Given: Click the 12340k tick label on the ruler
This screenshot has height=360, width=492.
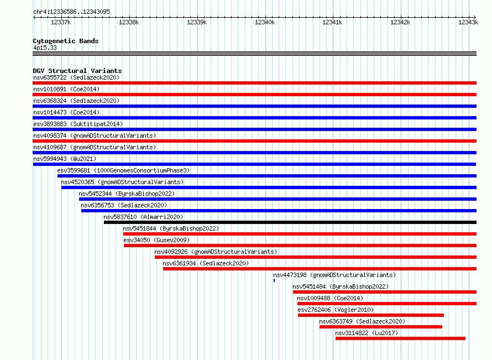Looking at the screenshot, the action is tap(264, 22).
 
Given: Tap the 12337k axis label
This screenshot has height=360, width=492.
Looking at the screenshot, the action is tap(61, 22).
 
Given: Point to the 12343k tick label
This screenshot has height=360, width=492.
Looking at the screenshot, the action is tap(468, 22).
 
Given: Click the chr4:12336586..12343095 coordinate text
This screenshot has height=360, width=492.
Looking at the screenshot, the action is tap(71, 12).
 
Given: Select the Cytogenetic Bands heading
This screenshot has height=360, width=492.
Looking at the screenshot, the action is tap(66, 41).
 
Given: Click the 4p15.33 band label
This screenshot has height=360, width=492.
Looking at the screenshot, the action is tap(45, 48).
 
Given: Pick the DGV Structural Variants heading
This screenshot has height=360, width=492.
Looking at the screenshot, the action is tap(77, 71).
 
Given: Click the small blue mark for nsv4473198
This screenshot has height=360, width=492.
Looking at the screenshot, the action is tap(274, 280).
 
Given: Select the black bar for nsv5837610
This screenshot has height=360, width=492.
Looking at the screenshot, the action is tap(290, 222).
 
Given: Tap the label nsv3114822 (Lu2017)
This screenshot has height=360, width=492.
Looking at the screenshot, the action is tap(367, 333).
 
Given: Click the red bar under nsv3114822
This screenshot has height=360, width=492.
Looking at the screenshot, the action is tap(400, 338).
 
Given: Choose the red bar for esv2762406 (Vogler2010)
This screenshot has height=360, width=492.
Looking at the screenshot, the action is tap(371, 315).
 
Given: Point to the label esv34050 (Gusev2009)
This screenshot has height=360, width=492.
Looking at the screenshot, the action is tap(156, 240).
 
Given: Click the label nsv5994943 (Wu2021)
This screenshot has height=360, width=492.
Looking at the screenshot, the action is tap(65, 159).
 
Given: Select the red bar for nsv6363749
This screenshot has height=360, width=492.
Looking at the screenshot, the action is tap(381, 327).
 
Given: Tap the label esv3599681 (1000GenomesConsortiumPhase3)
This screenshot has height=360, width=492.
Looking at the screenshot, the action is tap(123, 170).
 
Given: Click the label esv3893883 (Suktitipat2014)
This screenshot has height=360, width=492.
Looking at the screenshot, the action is tap(78, 124).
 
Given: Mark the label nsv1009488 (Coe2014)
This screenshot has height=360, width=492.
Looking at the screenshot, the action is tap(330, 298).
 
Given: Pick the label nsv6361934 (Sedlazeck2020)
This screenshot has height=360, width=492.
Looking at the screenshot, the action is tap(206, 263).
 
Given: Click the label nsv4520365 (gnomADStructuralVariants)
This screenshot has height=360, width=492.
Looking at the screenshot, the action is tap(122, 182).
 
